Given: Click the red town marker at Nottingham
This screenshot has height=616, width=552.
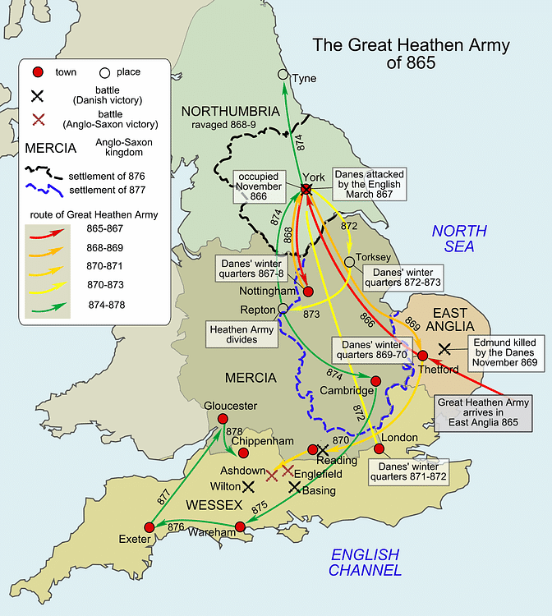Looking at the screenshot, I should click(x=308, y=291).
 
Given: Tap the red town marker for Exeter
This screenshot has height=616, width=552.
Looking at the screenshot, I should click(x=149, y=527).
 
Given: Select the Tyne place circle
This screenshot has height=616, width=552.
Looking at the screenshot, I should click(x=283, y=75).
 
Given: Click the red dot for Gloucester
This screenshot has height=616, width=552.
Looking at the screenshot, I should click(x=222, y=419).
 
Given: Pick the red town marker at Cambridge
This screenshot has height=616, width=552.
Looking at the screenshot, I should click(x=375, y=380).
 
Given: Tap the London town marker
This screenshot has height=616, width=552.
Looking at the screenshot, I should click(x=379, y=449).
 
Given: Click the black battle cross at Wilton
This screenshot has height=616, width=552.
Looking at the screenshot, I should click(x=248, y=486).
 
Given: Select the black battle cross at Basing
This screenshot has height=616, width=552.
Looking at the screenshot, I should click(x=294, y=486).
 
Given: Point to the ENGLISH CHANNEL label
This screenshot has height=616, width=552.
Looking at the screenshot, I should click(x=365, y=562).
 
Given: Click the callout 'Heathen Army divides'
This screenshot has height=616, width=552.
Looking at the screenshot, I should click(x=242, y=333).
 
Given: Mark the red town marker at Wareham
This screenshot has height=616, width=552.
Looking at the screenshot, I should click(x=240, y=526).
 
